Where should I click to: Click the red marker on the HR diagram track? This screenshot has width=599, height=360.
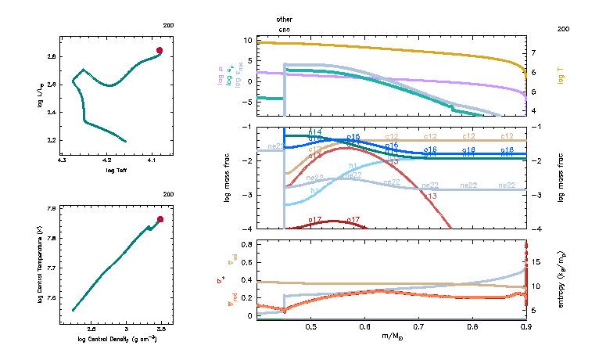coord(160,50)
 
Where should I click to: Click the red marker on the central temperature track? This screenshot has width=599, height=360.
coord(160,219)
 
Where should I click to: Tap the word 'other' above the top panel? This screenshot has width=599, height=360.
coord(285,18)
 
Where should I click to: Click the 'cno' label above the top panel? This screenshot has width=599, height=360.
coord(284,28)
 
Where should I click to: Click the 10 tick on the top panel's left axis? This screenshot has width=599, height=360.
coord(248,39)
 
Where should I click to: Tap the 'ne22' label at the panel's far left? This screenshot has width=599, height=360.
coord(276,146)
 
